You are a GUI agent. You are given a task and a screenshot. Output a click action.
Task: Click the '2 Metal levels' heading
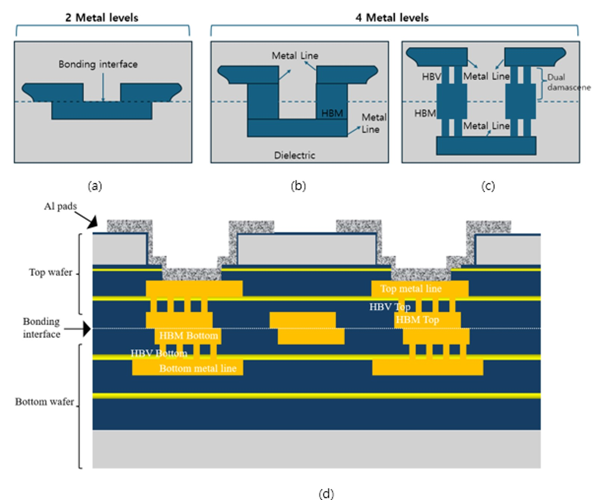[102, 18]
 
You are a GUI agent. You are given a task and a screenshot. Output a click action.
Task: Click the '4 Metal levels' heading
[392, 18]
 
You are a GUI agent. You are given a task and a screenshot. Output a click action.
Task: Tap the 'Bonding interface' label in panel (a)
[98, 64]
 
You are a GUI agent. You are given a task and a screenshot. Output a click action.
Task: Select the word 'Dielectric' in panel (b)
[295, 155]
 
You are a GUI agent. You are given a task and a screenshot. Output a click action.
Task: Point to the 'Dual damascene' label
[568, 82]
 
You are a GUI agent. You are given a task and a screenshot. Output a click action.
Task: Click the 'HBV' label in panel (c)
[431, 77]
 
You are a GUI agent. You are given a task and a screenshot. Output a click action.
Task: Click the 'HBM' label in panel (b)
[332, 114]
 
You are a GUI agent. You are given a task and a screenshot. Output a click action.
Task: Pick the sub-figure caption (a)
[95, 186]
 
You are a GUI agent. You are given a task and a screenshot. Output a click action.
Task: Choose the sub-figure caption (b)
[298, 186]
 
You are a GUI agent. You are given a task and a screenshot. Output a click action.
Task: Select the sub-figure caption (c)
[488, 186]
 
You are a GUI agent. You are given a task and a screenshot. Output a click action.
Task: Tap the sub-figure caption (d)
[326, 493]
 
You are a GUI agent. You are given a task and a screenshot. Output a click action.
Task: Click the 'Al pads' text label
[60, 206]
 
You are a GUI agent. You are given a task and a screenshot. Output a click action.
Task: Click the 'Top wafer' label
[50, 272]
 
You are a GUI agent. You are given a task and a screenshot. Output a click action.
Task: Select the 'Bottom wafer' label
[44, 402]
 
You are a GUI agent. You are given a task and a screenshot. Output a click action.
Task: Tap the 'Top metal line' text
[411, 289]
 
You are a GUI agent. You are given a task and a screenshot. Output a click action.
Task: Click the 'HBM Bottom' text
[188, 336]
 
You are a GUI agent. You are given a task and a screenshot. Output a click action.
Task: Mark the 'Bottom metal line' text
[198, 369]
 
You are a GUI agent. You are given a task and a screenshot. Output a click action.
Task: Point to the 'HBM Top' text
[417, 320]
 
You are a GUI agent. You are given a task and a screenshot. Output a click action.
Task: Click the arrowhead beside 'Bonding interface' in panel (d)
[87, 329]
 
